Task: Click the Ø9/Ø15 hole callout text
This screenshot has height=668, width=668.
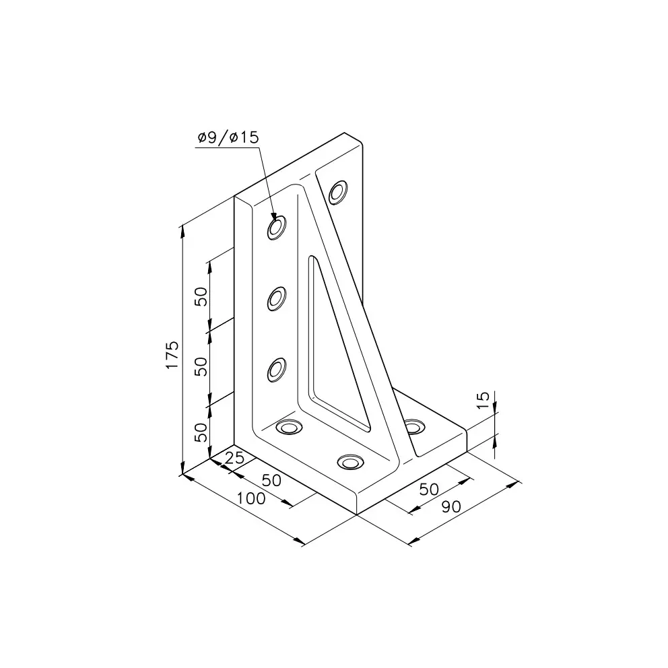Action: (x=228, y=137)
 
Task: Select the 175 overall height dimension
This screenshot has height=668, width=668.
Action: (x=172, y=355)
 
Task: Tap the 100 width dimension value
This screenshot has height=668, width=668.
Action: (x=251, y=498)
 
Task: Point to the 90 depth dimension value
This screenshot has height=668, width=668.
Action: (x=451, y=506)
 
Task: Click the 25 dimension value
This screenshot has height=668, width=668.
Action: (x=234, y=458)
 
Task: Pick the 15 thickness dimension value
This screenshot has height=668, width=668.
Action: (x=483, y=401)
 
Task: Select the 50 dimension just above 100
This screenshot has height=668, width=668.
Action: (x=271, y=481)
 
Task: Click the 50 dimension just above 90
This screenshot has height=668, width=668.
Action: (x=429, y=490)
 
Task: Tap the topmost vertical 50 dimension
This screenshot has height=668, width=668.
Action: (x=201, y=296)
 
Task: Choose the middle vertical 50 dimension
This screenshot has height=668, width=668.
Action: (x=201, y=366)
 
